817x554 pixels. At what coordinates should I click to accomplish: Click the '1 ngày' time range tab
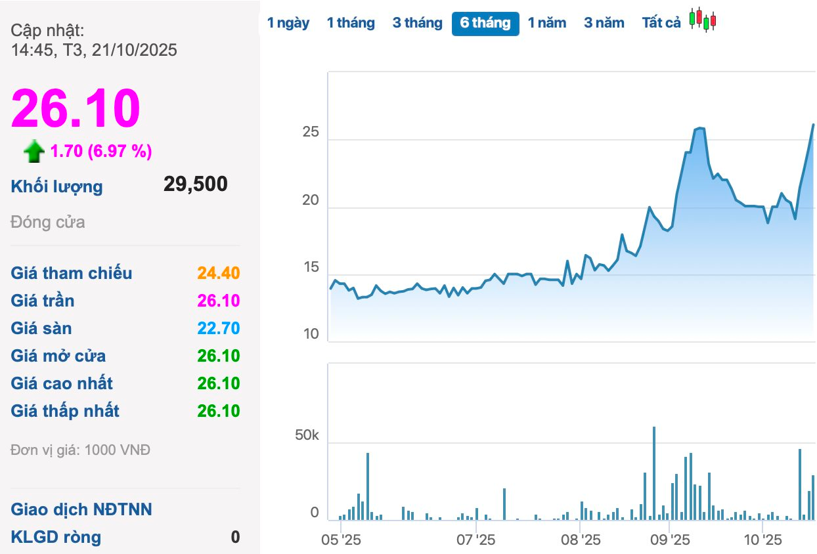point(288,23)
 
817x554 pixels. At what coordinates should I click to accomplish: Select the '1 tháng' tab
point(351,23)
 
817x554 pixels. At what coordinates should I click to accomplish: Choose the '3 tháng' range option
point(417,23)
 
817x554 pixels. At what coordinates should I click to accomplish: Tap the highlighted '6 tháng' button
point(485,24)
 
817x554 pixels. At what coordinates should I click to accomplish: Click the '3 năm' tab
point(604,23)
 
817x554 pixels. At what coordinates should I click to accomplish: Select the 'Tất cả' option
point(661,23)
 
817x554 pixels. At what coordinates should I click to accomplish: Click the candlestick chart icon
point(703,20)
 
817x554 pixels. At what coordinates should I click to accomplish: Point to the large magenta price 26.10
point(76,108)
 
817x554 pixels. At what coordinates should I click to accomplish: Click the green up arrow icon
point(34,152)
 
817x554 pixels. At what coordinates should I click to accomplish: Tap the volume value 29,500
point(196,184)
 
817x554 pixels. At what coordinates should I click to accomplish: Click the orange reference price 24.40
point(219,273)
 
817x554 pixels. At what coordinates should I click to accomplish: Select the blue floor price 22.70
point(219,328)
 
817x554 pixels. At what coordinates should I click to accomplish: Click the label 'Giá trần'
point(43,301)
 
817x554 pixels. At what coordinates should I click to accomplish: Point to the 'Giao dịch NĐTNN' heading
point(81,509)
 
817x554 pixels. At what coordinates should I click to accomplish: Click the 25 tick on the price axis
point(310,133)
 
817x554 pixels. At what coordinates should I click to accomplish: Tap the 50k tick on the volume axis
point(306,436)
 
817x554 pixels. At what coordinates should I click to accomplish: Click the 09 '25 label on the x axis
point(669,540)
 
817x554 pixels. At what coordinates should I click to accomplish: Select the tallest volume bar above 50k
point(654,473)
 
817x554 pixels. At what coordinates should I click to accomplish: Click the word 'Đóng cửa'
point(48,222)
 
